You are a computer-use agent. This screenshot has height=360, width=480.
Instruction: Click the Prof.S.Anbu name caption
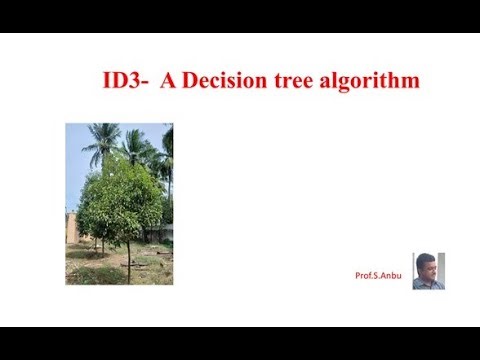[378, 275]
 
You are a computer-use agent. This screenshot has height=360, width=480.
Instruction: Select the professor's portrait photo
[428, 271]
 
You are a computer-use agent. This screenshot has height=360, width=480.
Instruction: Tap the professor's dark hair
[427, 258]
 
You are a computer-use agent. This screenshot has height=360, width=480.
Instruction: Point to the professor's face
[427, 267]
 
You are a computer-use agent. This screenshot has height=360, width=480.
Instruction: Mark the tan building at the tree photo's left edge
[71, 228]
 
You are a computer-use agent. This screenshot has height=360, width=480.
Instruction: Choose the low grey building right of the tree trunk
[158, 233]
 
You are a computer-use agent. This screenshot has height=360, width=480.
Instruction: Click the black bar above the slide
[240, 16]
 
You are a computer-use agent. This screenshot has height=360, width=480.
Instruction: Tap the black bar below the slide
[240, 343]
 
